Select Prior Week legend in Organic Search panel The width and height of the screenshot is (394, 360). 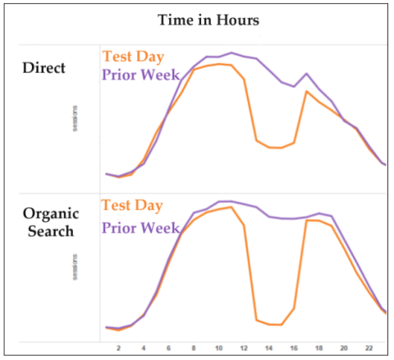140,226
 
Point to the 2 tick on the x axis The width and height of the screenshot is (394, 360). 119,349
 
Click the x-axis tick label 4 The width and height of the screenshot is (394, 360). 144,349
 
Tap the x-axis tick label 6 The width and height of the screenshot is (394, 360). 169,349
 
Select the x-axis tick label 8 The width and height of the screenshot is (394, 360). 194,349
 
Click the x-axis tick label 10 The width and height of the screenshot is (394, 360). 218,349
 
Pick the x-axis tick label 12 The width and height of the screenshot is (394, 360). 244,349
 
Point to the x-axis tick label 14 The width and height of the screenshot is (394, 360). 268,349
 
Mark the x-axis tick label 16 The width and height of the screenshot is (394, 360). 294,349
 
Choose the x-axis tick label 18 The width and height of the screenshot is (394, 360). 318,349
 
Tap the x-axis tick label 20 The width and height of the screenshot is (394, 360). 344,349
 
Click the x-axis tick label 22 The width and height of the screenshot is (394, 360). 369,349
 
